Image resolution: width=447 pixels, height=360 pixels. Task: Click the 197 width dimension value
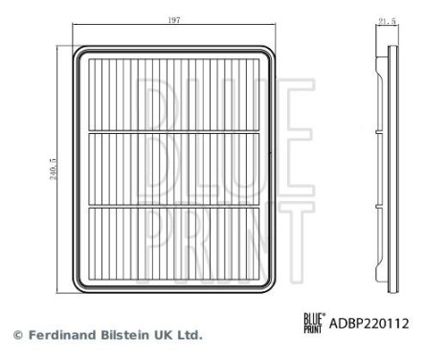click(x=174, y=20)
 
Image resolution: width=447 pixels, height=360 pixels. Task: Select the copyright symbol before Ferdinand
click(x=17, y=336)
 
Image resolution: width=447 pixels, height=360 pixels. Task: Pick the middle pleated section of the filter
click(x=178, y=168)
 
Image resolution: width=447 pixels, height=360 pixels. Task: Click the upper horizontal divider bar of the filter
click(x=178, y=131)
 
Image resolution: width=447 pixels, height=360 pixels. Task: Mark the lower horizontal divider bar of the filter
click(x=178, y=205)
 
